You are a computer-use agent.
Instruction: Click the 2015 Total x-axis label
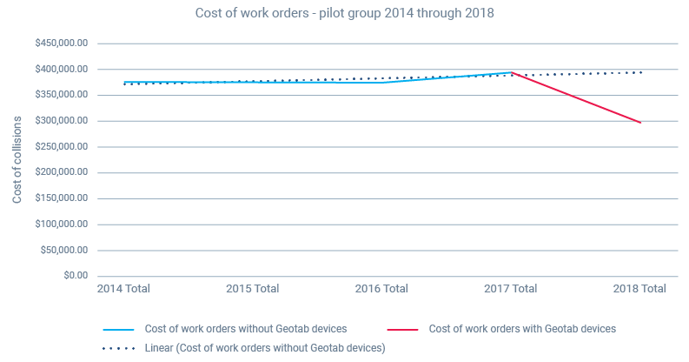[x=252, y=289]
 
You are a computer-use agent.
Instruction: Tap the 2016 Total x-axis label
[x=382, y=289]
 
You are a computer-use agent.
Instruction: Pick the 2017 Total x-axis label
[x=511, y=289]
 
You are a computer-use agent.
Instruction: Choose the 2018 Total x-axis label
[x=639, y=289]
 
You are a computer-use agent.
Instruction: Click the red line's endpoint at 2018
[x=641, y=123]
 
